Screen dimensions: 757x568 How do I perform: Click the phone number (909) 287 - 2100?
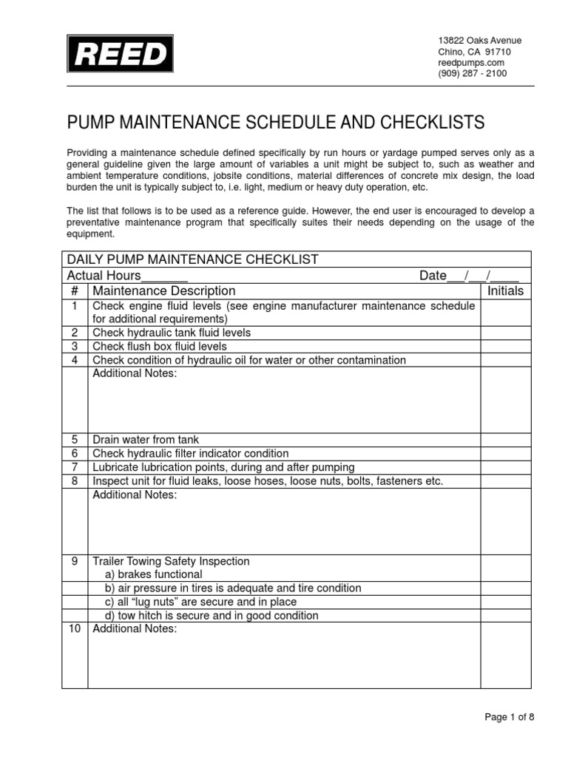coord(473,74)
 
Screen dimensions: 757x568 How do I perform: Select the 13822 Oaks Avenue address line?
coord(479,41)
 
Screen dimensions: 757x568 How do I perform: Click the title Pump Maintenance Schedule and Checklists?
coord(276,122)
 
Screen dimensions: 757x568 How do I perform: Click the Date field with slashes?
coord(469,276)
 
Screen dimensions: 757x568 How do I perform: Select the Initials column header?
coord(505,291)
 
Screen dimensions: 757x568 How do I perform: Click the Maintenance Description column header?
coord(164,291)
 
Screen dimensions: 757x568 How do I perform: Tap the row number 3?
coord(75,346)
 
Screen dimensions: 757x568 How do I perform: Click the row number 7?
coord(75,467)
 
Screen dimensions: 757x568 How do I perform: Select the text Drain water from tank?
coord(146,439)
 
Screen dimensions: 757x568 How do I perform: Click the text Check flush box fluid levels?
coord(160,346)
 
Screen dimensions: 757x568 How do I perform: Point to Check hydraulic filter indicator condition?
coord(190,453)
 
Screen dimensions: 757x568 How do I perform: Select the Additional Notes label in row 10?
coord(135,629)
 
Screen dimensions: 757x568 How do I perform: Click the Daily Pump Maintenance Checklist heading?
coord(193,259)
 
